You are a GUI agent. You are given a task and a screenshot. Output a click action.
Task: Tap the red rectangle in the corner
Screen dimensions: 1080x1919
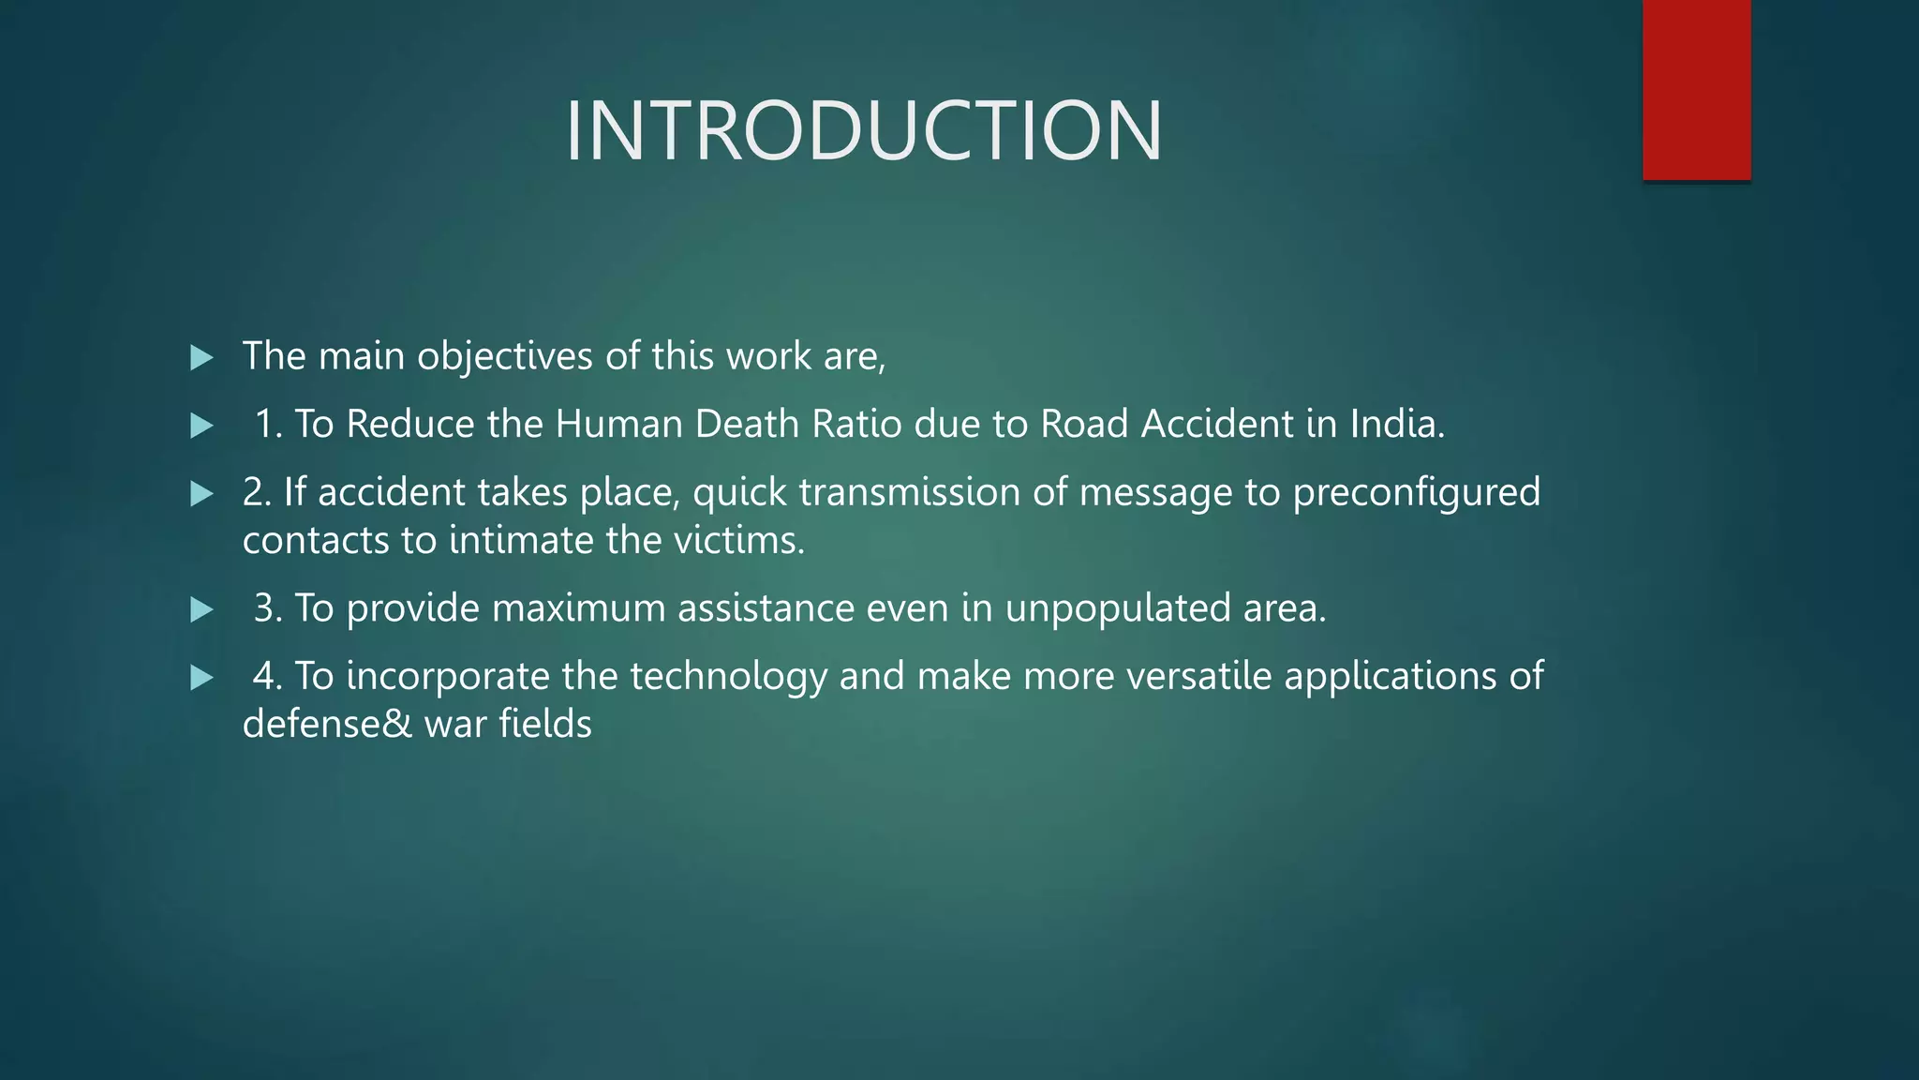pos(1696,90)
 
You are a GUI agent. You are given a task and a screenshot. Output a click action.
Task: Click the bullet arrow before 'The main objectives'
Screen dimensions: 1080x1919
pos(201,357)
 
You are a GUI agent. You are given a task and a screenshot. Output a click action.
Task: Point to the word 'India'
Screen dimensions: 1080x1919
pos(1397,424)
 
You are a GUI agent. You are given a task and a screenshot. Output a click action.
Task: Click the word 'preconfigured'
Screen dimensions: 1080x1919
pos(1416,493)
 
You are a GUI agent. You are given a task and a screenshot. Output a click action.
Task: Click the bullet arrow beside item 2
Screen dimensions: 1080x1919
pos(201,494)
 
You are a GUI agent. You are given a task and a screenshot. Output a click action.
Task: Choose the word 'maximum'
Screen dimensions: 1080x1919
pos(578,608)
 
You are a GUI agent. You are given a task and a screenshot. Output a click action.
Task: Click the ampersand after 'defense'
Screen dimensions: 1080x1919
pos(397,725)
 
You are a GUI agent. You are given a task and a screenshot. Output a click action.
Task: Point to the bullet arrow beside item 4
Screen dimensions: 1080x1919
pos(201,678)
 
